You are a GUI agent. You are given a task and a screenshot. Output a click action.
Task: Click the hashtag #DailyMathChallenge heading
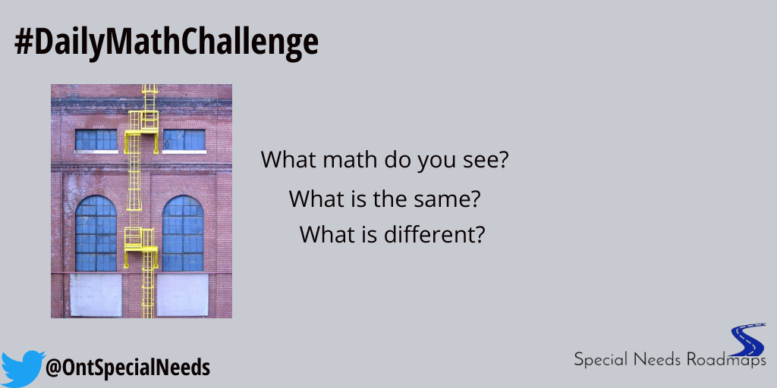[x=166, y=43]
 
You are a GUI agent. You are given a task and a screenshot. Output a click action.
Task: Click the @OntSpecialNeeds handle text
[x=127, y=369]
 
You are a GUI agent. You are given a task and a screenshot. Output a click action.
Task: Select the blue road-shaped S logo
[x=747, y=341]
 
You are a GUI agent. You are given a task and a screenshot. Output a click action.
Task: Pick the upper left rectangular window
[x=96, y=139]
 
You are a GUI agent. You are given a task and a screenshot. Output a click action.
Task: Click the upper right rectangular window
[x=184, y=139]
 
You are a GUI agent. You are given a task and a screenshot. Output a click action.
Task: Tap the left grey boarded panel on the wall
[x=96, y=295]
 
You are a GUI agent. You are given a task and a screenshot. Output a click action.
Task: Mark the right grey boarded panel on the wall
[x=182, y=295]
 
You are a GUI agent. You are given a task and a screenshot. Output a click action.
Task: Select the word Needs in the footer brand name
[x=656, y=359]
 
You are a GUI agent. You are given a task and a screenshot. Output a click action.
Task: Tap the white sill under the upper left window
[x=96, y=152]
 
